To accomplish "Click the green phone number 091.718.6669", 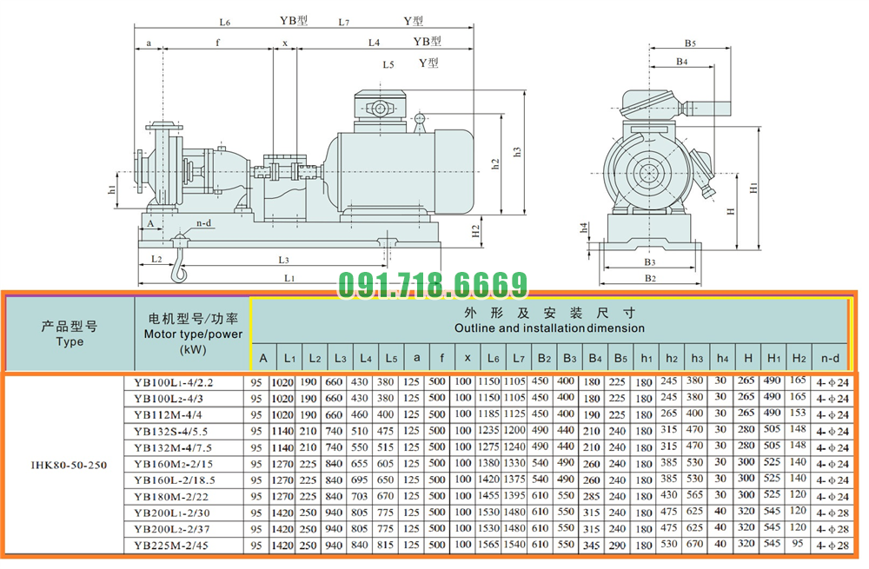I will [432, 285].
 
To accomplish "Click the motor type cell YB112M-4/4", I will [174, 414].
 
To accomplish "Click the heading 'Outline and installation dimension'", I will [549, 328].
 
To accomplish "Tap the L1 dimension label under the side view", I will [290, 277].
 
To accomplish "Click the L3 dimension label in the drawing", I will [283, 259].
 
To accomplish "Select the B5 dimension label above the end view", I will [689, 43].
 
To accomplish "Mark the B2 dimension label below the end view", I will [649, 278].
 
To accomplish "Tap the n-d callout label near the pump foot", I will [204, 223].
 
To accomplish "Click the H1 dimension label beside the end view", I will [753, 187].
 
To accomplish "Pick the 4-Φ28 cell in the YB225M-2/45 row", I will [831, 546].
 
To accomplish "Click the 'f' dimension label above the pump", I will [217, 42].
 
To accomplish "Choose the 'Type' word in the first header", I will [70, 341].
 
